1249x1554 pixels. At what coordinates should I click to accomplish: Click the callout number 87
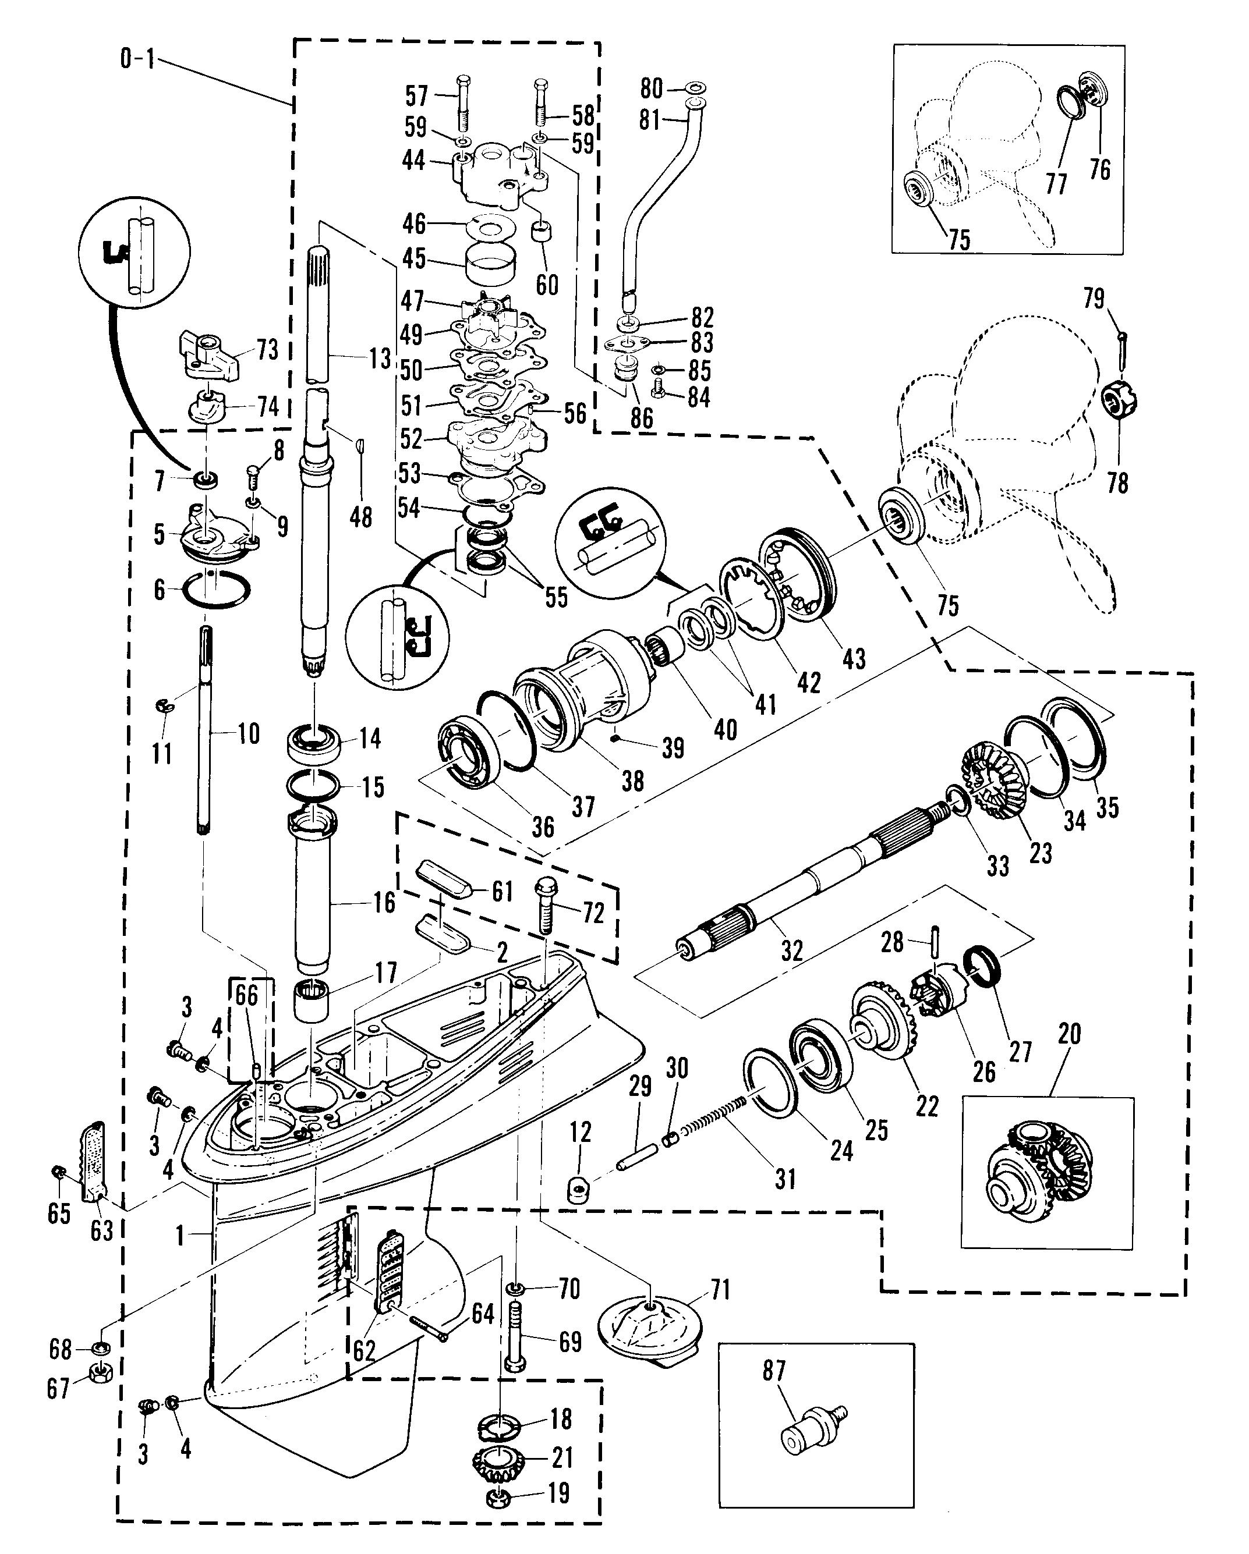click(x=774, y=1370)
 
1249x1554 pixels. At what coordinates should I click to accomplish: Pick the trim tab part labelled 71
click(x=646, y=1327)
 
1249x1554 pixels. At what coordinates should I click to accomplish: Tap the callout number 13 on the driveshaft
click(x=380, y=358)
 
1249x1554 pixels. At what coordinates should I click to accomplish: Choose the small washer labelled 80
click(x=695, y=88)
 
